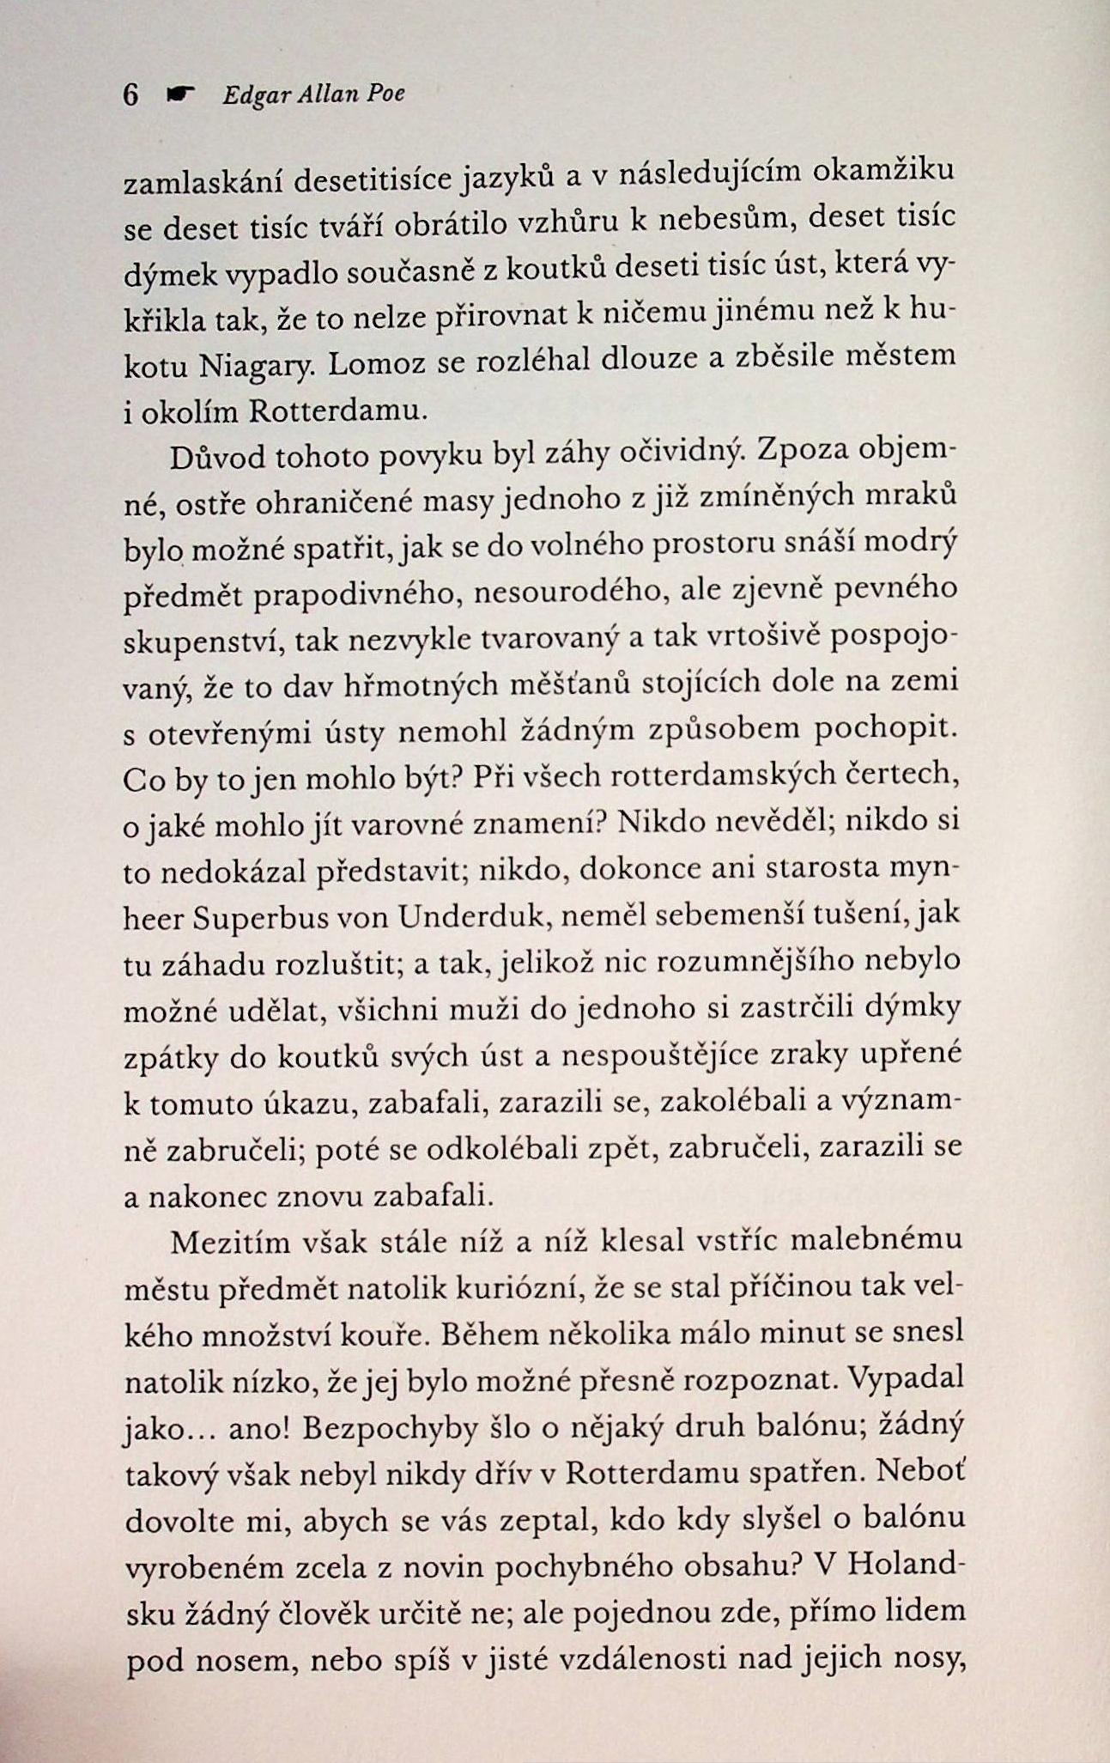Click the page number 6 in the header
(130, 94)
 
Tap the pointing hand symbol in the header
(180, 94)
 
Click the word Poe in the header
(385, 94)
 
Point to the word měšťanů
(572, 687)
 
